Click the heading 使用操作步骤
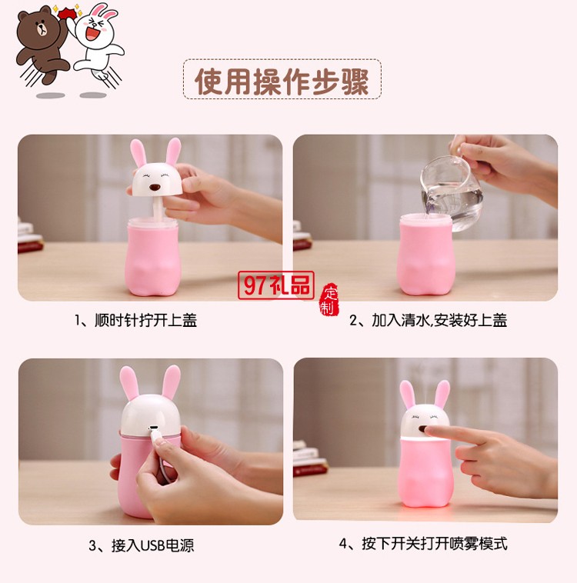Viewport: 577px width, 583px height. [x=282, y=81]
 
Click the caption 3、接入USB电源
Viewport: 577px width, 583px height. [x=141, y=546]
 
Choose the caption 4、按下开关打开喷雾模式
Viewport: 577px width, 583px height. [x=423, y=544]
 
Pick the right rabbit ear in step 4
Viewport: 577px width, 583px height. [x=442, y=394]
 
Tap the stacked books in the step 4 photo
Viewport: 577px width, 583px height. [x=308, y=460]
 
